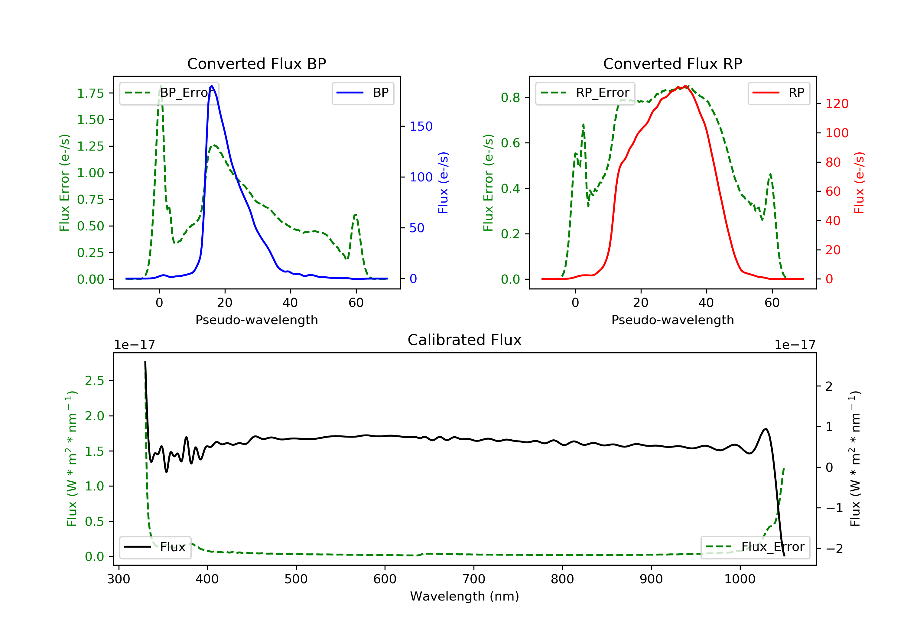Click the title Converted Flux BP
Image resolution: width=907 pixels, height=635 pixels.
click(256, 63)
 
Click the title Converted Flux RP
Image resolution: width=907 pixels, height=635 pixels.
click(672, 63)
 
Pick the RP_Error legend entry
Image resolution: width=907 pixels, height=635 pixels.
click(585, 93)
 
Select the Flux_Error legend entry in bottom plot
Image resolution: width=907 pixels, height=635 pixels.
click(755, 547)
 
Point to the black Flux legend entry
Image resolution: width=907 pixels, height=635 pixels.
click(155, 547)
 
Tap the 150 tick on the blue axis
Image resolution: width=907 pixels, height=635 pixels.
click(421, 126)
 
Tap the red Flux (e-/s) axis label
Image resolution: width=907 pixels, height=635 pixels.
click(859, 183)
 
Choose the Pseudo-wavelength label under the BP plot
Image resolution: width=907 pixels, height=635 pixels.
click(256, 320)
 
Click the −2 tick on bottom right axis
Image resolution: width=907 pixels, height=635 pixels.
click(834, 549)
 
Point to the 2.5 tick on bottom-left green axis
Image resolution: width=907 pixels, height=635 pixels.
click(94, 381)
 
